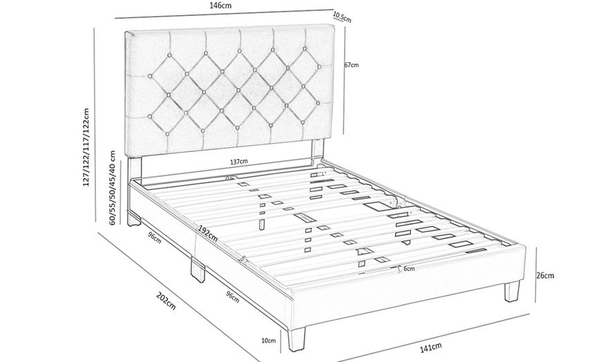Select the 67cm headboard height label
pyautogui.click(x=351, y=65)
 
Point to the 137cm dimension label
pyautogui.click(x=239, y=162)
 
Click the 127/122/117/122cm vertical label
pyautogui.click(x=86, y=147)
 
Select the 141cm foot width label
pyautogui.click(x=430, y=347)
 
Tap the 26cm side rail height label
pyautogui.click(x=545, y=275)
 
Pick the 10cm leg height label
pyautogui.click(x=269, y=340)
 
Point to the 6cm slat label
pyautogui.click(x=409, y=269)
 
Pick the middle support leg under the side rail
pyautogui.click(x=198, y=271)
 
